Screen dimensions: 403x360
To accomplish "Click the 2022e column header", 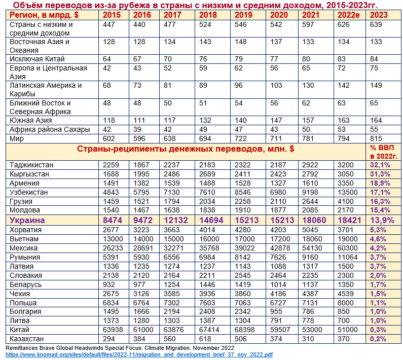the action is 348,15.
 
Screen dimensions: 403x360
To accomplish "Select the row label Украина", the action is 27,221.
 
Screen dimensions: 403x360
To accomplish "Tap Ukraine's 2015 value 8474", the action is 113,221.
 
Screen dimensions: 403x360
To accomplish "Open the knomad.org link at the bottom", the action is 139,354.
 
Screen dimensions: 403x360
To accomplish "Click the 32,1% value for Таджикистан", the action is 380,165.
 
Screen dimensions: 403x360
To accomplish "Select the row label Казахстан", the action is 26,339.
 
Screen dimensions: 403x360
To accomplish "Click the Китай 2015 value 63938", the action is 113,330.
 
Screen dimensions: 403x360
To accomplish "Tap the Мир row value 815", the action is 376,138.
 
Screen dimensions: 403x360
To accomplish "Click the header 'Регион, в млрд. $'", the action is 44,15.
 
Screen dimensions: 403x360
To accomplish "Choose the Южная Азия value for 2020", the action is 276,120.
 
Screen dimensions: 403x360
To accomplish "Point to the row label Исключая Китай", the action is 37,59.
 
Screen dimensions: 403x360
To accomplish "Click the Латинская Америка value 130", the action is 308,85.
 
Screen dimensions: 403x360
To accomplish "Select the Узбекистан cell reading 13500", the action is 347,192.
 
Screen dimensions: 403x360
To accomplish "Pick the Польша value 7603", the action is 207,303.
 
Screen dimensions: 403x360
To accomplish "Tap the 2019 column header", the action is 243,15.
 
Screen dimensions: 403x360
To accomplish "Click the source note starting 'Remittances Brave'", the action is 120,348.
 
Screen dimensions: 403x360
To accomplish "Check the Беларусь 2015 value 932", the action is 108,284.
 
